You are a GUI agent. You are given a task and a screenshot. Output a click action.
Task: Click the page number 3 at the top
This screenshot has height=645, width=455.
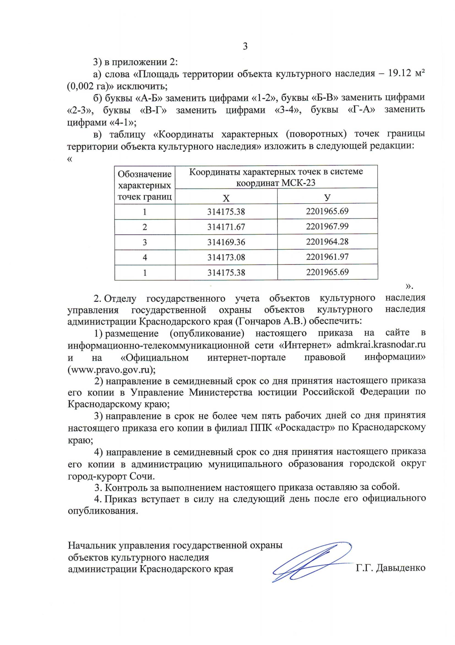(245, 47)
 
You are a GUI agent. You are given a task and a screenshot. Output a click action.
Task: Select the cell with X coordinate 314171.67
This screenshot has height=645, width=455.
(226, 227)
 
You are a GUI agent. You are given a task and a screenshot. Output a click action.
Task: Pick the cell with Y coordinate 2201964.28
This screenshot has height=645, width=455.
(327, 242)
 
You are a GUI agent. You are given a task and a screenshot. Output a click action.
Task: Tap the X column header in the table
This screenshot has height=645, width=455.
(226, 198)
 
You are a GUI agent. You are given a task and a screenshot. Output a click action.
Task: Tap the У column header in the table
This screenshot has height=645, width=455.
(327, 197)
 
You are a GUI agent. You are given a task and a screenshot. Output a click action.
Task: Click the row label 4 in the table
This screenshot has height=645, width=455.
(145, 258)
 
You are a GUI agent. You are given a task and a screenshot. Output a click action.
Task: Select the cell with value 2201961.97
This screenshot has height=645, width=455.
(327, 257)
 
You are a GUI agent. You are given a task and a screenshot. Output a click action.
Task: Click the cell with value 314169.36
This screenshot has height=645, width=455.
(226, 242)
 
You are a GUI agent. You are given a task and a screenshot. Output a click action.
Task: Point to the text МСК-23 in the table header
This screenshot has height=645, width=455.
(298, 183)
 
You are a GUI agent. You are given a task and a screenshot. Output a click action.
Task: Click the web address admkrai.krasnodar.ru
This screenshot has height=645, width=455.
(381, 345)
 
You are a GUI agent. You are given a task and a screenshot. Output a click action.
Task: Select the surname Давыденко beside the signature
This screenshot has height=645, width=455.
(400, 568)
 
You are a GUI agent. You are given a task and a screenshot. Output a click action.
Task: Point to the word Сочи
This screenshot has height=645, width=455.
(141, 476)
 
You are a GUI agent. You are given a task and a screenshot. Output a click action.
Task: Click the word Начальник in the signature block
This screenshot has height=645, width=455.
(92, 545)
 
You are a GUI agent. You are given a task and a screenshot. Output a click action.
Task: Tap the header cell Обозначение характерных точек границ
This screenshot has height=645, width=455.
(144, 185)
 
